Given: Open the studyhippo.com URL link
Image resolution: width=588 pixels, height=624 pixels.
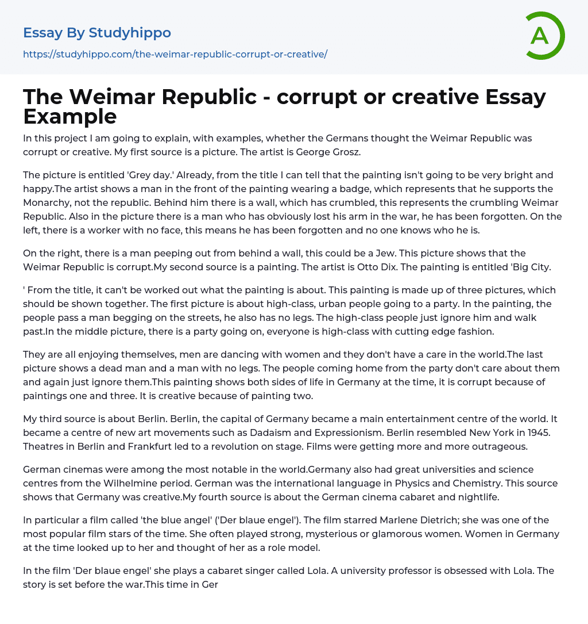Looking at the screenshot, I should tap(175, 54).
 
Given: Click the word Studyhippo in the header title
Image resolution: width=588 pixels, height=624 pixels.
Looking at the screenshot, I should tap(130, 33).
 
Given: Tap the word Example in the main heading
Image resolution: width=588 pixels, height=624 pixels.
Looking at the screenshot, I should tap(70, 116).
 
